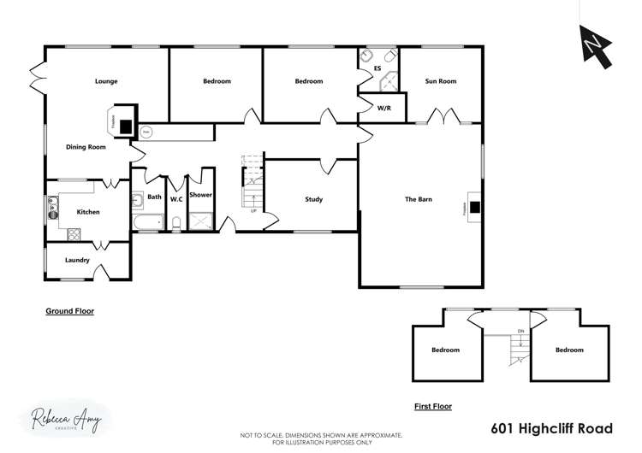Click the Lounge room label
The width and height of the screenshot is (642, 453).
[106, 81]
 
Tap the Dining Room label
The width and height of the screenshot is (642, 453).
[86, 147]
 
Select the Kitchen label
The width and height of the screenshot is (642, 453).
[89, 211]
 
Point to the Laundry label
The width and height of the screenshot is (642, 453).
[77, 259]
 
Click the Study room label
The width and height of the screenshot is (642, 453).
[313, 199]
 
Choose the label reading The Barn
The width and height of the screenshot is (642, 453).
[419, 199]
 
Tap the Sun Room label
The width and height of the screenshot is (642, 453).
[441, 81]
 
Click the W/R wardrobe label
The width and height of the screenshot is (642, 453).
[384, 109]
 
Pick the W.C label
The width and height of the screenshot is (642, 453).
[176, 199]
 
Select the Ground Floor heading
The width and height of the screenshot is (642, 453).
[69, 312]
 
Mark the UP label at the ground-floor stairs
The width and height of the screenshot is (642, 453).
[253, 209]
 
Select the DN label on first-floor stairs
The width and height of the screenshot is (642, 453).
[520, 331]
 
